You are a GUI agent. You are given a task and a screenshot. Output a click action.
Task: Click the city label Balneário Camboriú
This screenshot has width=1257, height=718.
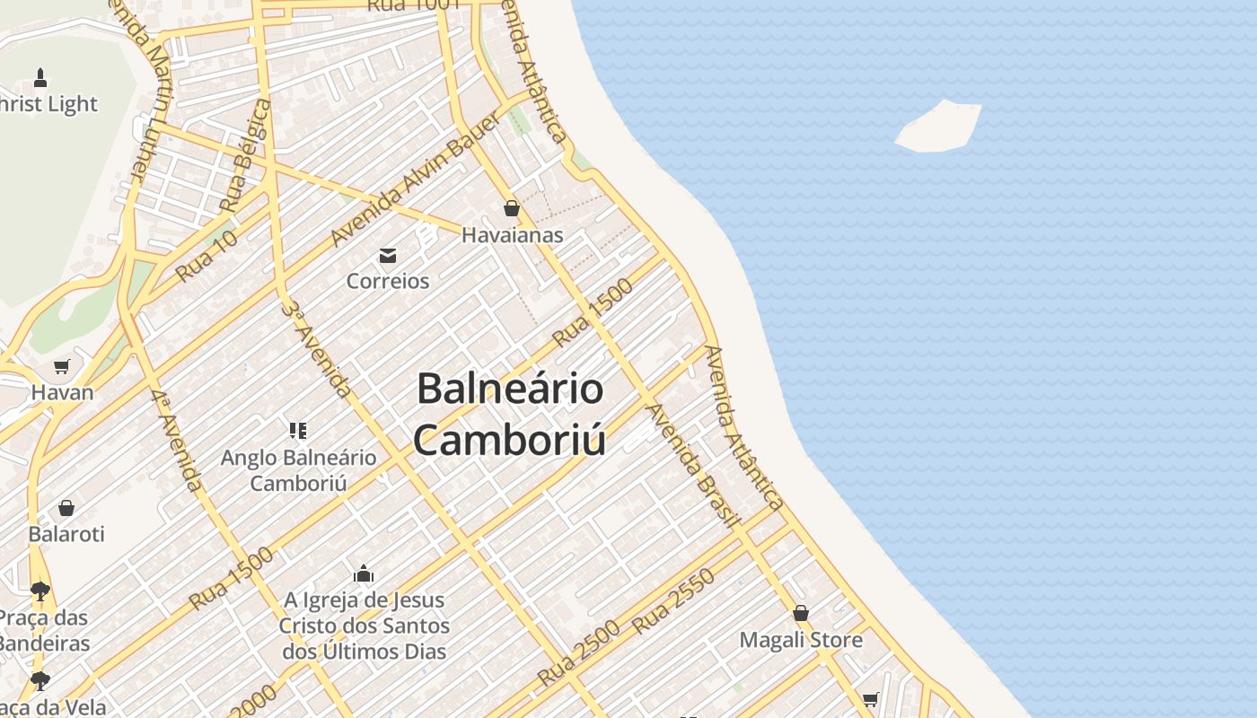(x=509, y=414)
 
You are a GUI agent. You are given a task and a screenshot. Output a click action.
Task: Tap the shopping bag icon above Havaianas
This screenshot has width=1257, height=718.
(x=512, y=209)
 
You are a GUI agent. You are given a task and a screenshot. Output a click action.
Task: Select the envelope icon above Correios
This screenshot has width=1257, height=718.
(x=388, y=257)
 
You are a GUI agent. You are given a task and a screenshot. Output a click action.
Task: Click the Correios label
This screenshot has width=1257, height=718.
(x=388, y=281)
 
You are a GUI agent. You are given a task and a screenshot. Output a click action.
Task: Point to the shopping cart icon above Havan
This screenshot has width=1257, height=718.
(x=62, y=366)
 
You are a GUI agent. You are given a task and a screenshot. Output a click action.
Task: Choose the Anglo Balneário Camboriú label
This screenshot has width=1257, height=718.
(x=299, y=470)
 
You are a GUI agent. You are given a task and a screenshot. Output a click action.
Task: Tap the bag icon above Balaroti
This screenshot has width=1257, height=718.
(x=66, y=509)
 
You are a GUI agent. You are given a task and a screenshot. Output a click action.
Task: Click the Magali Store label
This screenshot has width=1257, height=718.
(x=801, y=640)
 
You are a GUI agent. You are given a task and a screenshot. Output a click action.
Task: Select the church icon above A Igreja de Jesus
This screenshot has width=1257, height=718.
(x=364, y=574)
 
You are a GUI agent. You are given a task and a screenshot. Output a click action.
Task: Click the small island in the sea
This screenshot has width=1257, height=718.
(x=938, y=126)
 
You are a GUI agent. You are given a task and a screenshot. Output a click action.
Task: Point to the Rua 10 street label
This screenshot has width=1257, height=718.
(x=207, y=255)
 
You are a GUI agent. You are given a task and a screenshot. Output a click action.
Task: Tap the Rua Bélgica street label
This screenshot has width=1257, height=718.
(x=244, y=155)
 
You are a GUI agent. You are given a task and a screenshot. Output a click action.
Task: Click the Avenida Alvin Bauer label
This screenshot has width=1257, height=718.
(x=415, y=179)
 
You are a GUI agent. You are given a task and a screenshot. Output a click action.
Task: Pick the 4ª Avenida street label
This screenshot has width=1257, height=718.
(x=176, y=440)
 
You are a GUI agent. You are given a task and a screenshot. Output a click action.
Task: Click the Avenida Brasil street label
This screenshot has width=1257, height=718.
(x=693, y=466)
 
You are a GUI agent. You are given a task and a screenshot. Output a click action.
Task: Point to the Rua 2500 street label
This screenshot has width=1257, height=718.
(x=578, y=653)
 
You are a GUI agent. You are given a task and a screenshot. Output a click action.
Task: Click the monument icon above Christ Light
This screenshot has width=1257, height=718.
(x=40, y=78)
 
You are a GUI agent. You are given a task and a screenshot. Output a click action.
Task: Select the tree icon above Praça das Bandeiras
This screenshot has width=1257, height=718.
(x=40, y=591)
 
